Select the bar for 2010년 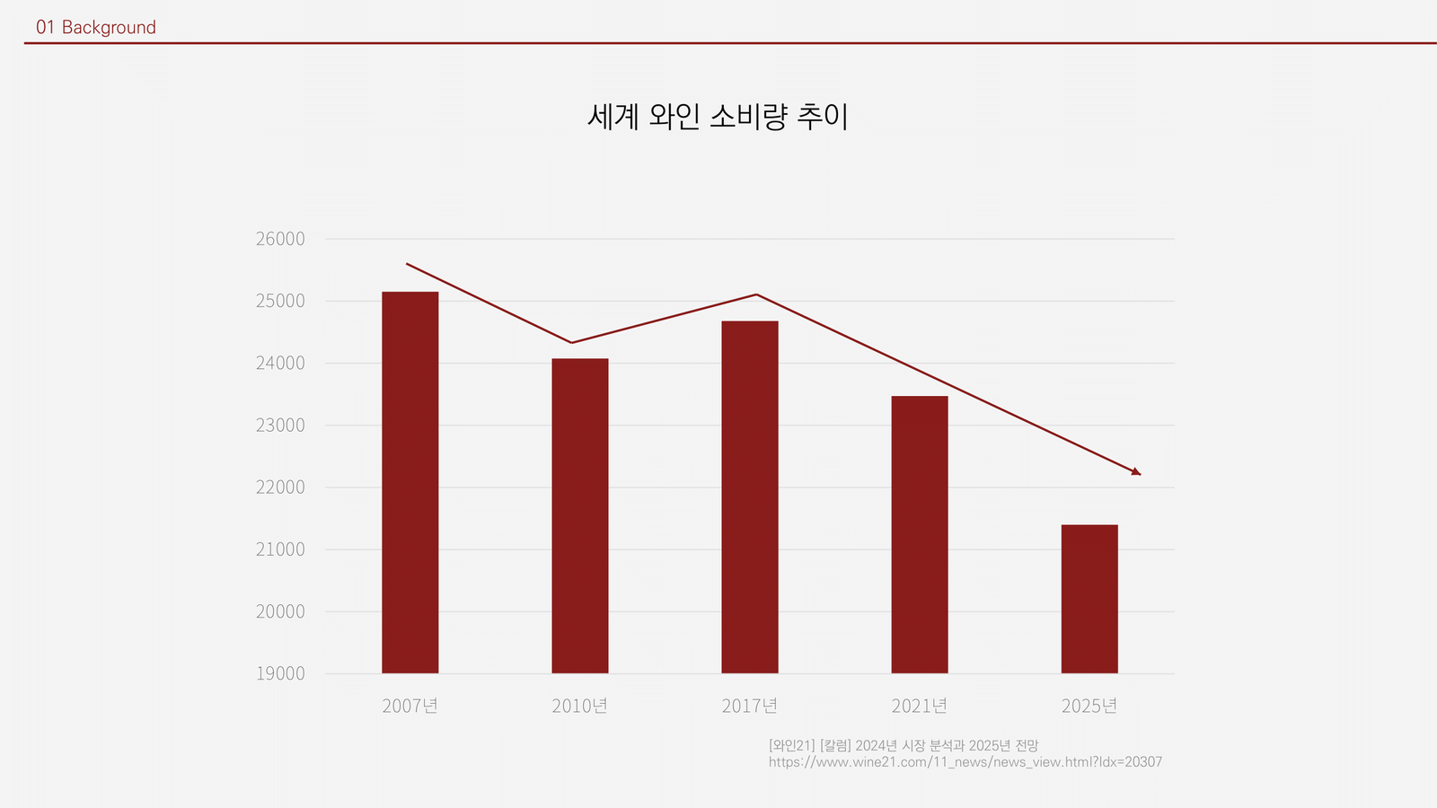click(x=579, y=515)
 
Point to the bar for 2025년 click(x=1089, y=599)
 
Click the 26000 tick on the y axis click(x=280, y=239)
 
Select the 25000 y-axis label click(x=280, y=301)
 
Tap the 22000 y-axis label click(x=280, y=487)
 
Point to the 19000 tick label click(x=280, y=673)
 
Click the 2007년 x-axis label click(x=410, y=706)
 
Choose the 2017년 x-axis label click(x=749, y=706)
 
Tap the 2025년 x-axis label click(x=1089, y=706)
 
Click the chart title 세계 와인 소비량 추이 click(x=718, y=117)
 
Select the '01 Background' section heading click(x=96, y=28)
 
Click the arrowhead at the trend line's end click(x=1136, y=471)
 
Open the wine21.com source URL click(x=965, y=762)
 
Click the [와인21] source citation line click(x=903, y=745)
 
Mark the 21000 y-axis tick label click(x=280, y=549)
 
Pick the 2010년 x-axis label click(x=579, y=706)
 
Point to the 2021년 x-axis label click(x=919, y=706)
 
